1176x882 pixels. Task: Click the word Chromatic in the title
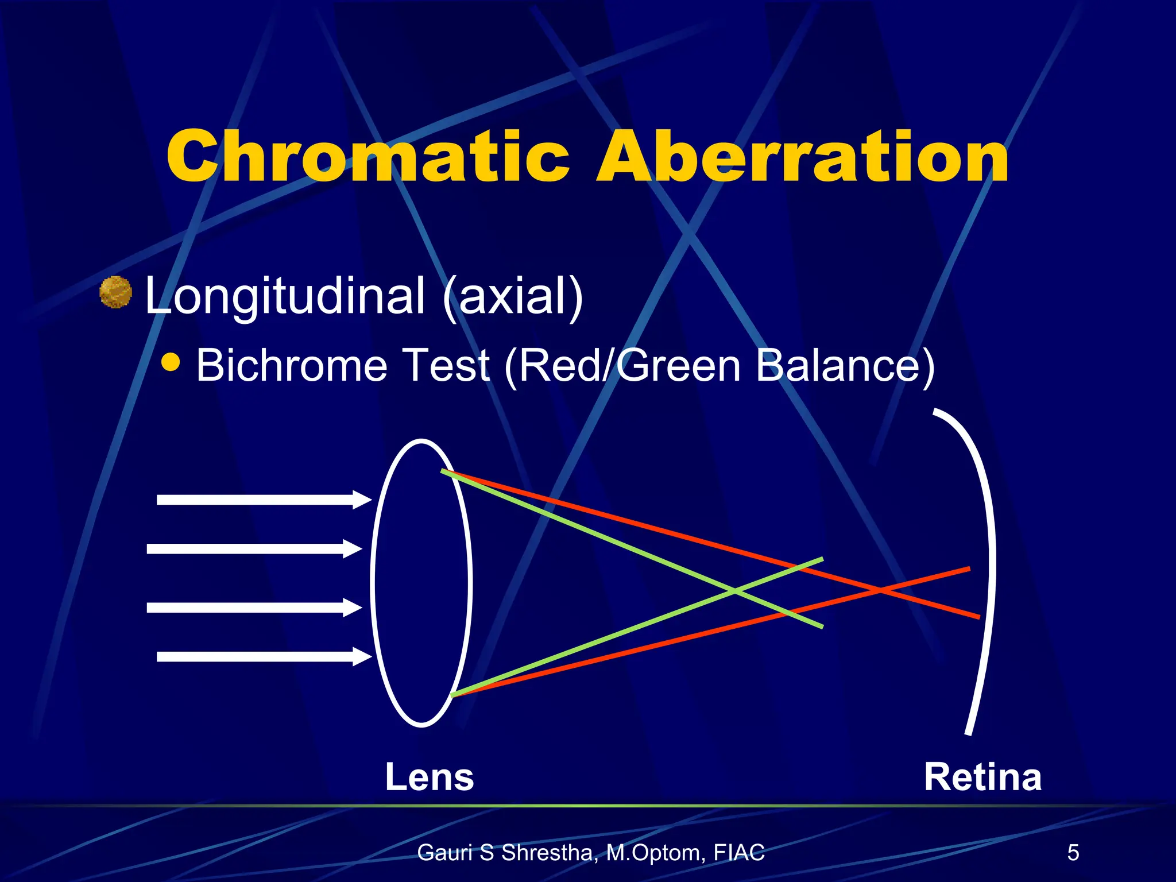click(x=367, y=156)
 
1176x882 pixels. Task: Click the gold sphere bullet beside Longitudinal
click(x=116, y=292)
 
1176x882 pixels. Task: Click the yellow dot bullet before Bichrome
click(x=171, y=362)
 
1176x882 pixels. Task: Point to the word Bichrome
click(x=292, y=365)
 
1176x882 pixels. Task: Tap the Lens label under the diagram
click(x=430, y=777)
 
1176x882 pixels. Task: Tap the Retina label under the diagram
click(x=982, y=777)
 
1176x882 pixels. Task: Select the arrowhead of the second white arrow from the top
click(x=352, y=548)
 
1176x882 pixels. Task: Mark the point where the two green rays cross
click(x=734, y=591)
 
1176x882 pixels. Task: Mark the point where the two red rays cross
click(x=879, y=590)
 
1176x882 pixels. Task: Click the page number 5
click(x=1073, y=853)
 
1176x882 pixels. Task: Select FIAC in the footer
click(x=739, y=853)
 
